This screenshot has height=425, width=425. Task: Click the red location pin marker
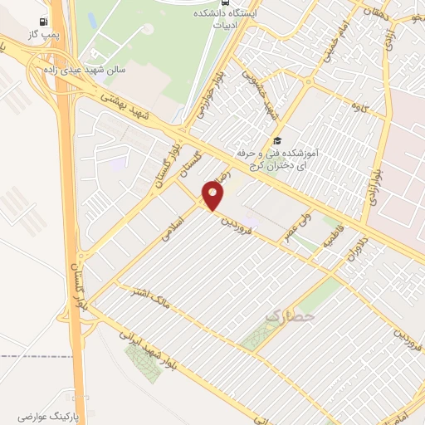click(x=214, y=196)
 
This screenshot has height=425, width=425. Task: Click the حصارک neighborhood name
click(x=291, y=316)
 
